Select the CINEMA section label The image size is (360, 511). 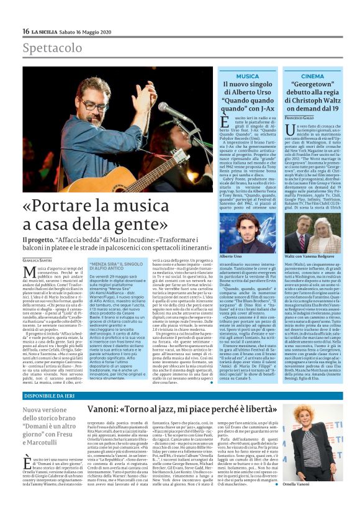pos(312,76)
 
